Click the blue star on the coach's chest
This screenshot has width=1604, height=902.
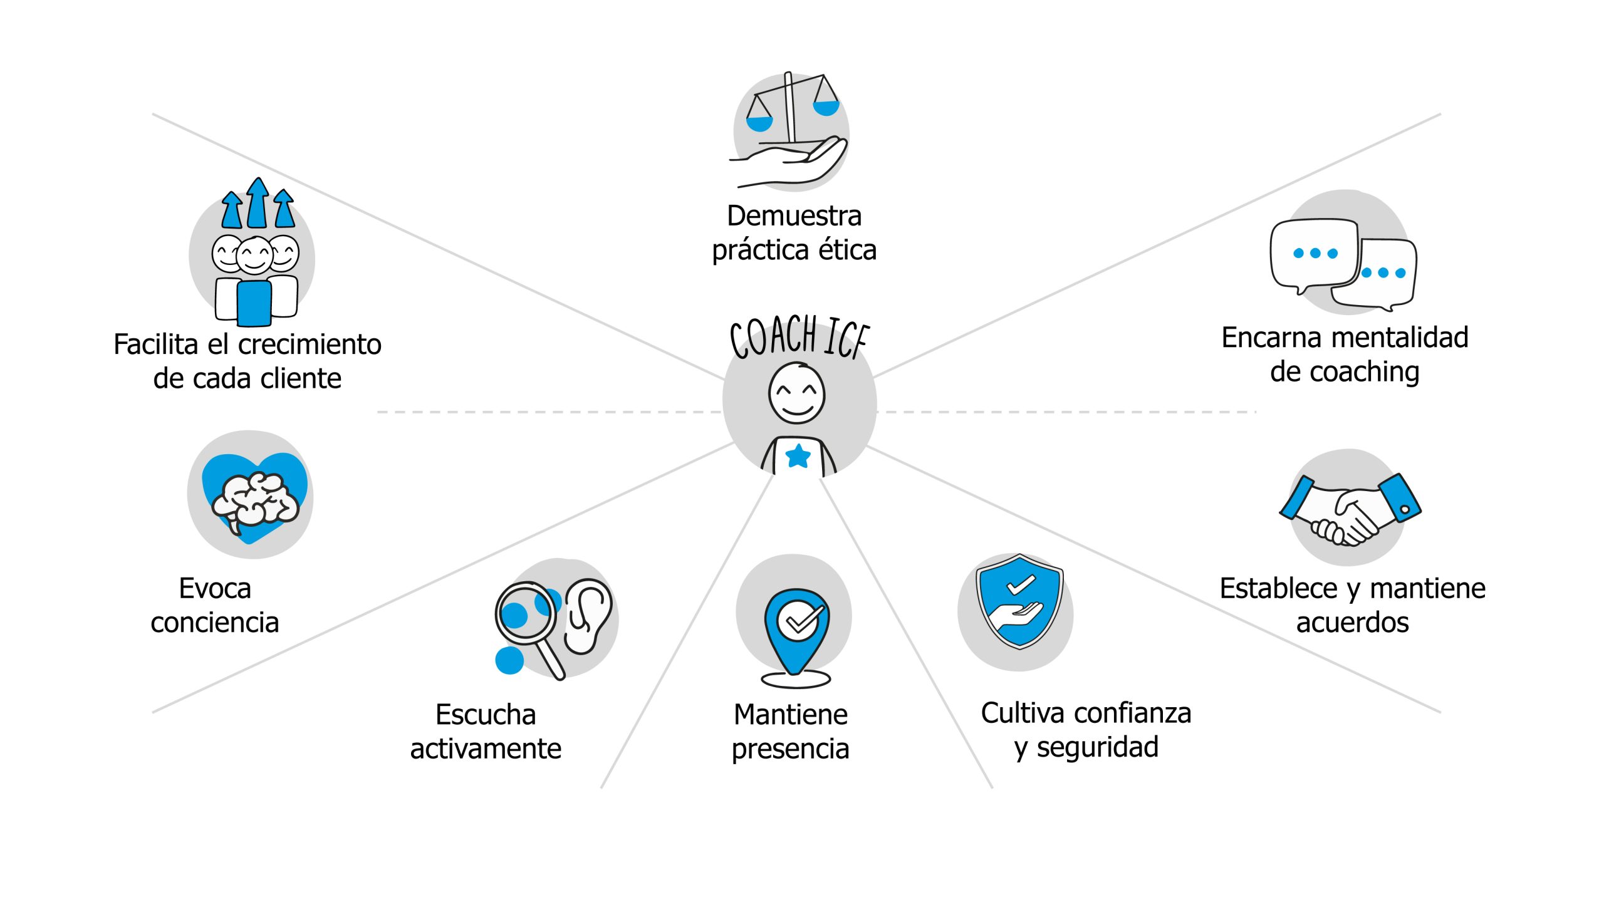[798, 456]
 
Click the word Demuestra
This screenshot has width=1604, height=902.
[794, 216]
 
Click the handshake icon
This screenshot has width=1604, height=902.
[1350, 511]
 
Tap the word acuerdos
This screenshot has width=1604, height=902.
[1352, 623]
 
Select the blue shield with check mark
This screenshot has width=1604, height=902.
[1019, 601]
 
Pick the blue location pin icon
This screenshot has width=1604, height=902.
[796, 630]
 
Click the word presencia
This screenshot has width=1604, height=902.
[790, 749]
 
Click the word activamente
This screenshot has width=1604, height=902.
[486, 749]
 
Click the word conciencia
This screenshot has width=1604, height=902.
[214, 623]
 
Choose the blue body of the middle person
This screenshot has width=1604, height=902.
[254, 303]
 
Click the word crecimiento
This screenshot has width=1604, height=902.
[310, 345]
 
